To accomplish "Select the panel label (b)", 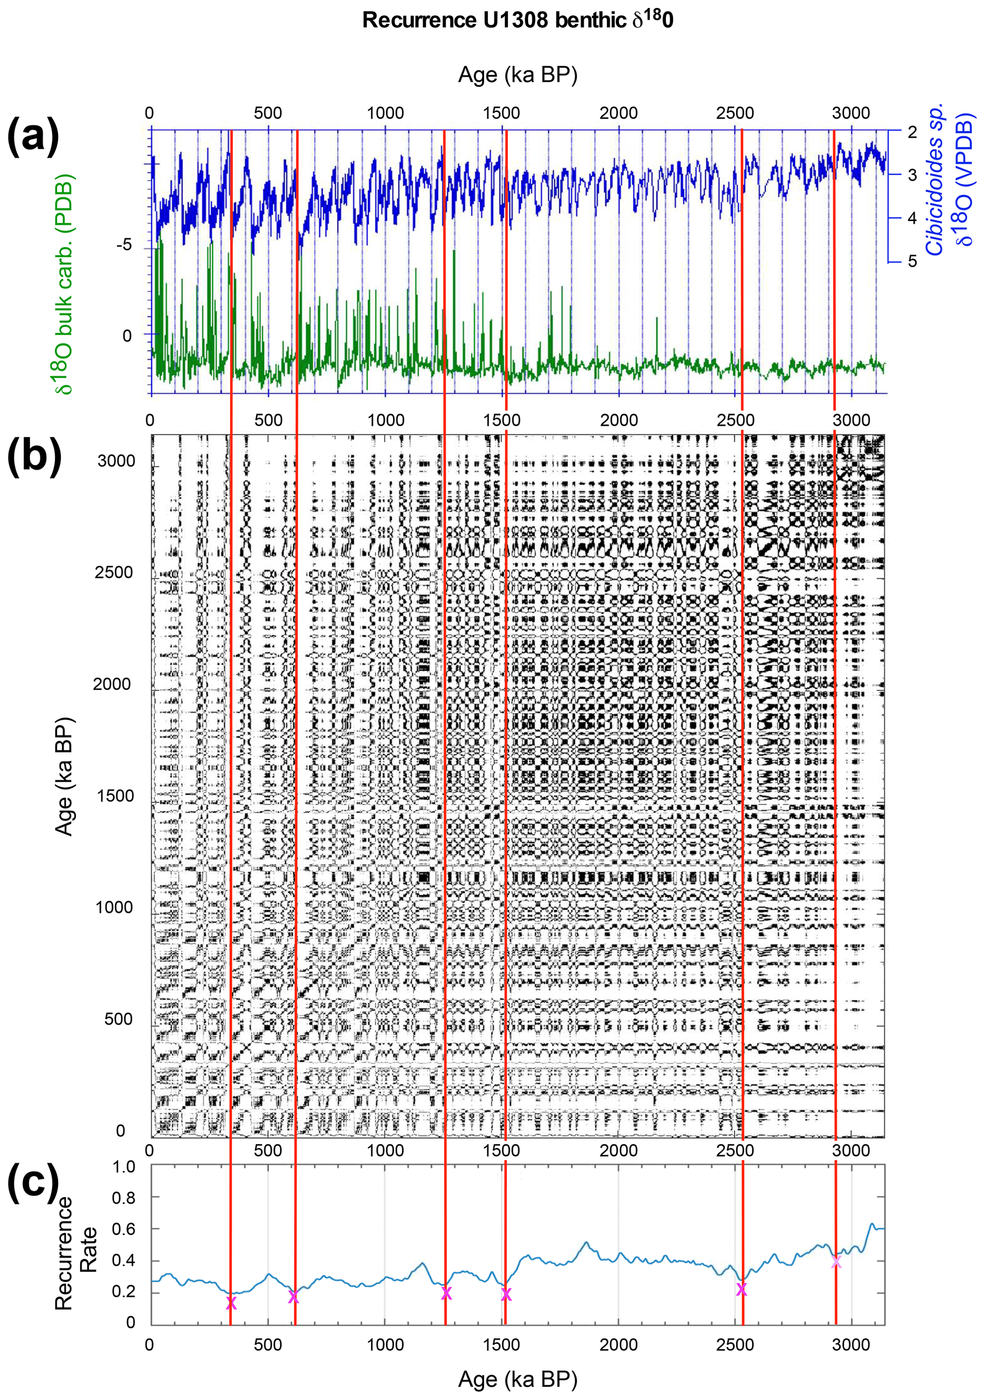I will (34, 458).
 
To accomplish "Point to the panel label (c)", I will (33, 1183).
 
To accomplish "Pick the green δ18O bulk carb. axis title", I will (65, 283).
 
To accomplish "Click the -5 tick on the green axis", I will (124, 245).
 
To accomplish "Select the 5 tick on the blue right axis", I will (912, 261).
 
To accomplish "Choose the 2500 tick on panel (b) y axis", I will (113, 573).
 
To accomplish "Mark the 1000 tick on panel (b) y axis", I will (113, 907).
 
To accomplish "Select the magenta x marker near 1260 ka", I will (446, 1293).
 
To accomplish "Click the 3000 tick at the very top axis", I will (852, 113).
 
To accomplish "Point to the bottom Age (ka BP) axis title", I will (517, 1379).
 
